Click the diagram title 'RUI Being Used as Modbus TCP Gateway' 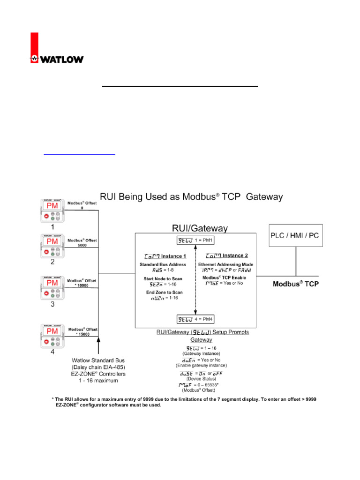(191, 197)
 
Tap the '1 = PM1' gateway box (195, 241)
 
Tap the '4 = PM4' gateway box (195, 320)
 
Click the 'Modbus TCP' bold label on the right (296, 284)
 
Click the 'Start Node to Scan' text (162, 278)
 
